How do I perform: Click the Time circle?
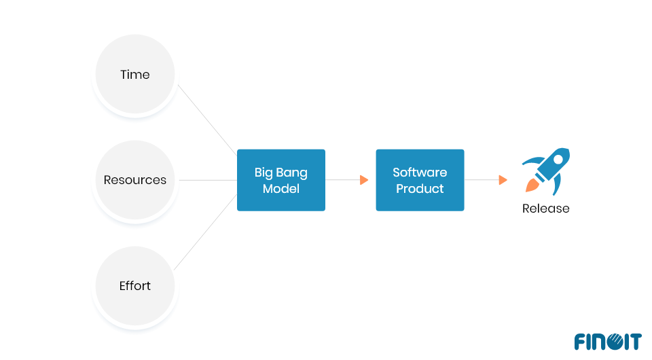[135, 75]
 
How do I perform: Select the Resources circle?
[135, 180]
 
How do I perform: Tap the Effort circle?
[135, 286]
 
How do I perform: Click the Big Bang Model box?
[280, 180]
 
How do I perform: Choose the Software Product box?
[420, 180]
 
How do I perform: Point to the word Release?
[545, 209]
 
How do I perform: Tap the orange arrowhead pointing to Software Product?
[364, 180]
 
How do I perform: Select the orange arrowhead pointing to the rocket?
[503, 180]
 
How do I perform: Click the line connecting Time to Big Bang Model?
[207, 120]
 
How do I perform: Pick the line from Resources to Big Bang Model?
[207, 180]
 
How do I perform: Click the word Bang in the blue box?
[292, 173]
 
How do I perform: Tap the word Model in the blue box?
[280, 188]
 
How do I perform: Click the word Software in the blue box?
[420, 173]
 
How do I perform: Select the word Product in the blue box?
[420, 188]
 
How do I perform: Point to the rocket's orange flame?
[531, 185]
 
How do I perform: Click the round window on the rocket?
[558, 160]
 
